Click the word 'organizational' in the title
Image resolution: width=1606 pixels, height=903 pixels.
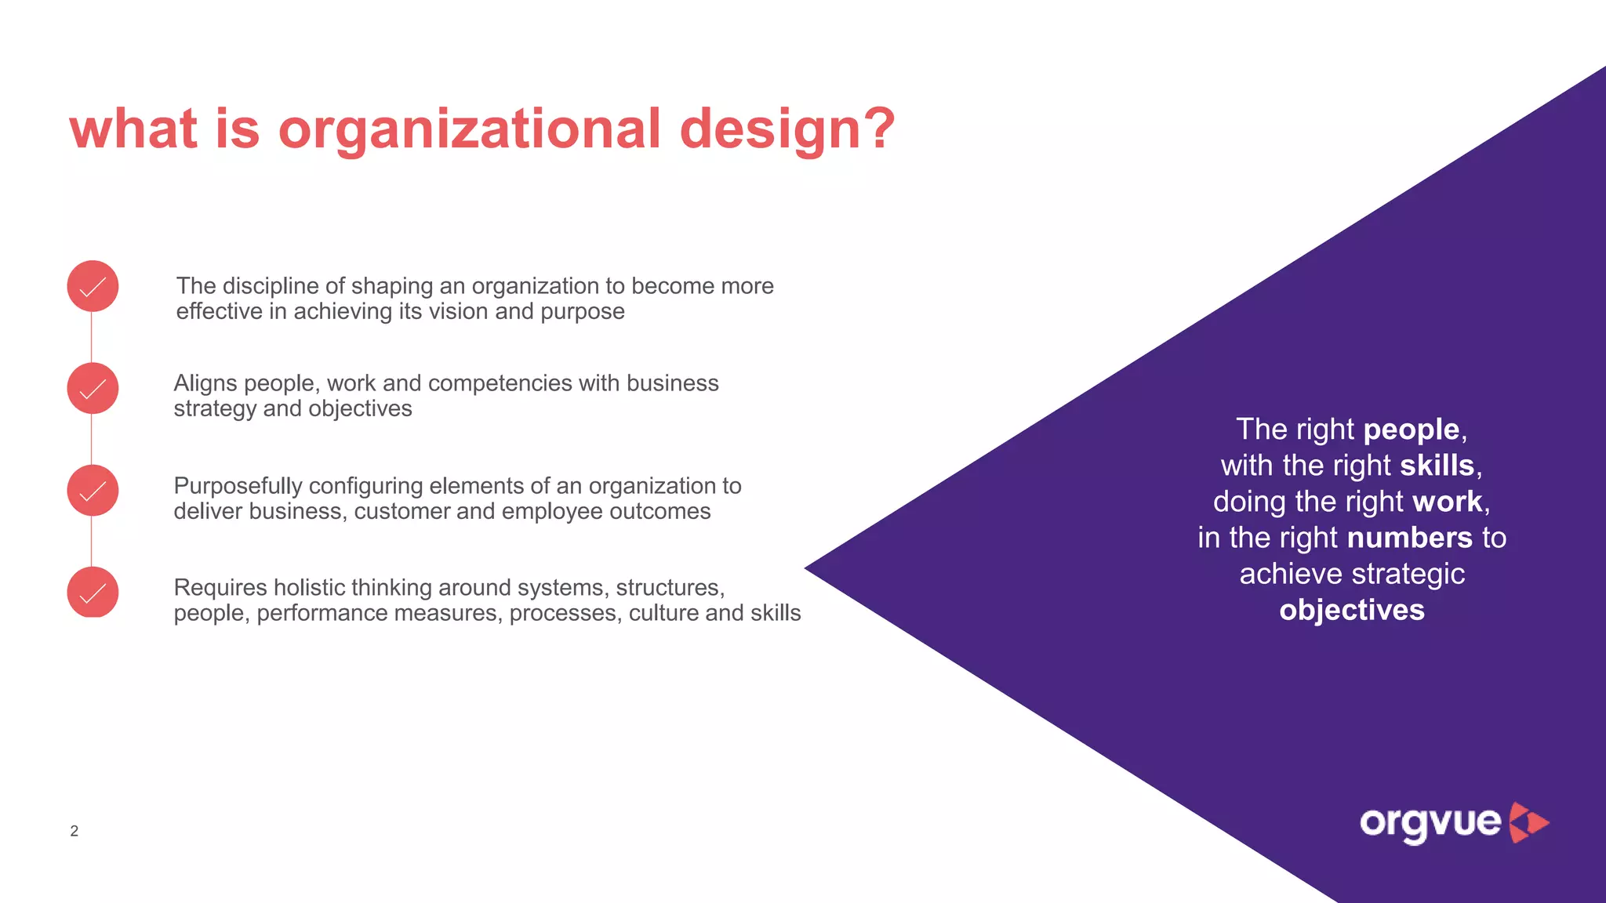coord(470,129)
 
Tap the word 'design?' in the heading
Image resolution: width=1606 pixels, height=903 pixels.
coord(787,129)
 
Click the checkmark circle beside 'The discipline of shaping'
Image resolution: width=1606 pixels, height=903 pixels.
coord(93,287)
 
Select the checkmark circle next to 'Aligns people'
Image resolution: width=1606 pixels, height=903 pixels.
coord(93,389)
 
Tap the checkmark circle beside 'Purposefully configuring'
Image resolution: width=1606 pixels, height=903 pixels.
coord(93,491)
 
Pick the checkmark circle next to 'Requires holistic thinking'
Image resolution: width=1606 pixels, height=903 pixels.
coord(93,593)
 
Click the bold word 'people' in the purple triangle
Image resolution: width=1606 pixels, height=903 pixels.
coord(1411,430)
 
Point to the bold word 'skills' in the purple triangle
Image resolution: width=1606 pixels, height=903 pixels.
coord(1437,466)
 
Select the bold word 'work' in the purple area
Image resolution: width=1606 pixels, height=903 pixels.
coord(1447,502)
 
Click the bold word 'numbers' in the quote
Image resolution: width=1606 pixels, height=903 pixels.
coord(1409,538)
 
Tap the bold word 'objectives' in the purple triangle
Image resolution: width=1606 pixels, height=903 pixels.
coord(1351,610)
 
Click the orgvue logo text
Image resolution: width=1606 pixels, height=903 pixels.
coord(1430,823)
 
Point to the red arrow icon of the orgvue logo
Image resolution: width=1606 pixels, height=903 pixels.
coord(1528,822)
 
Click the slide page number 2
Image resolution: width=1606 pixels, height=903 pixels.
coord(74,831)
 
